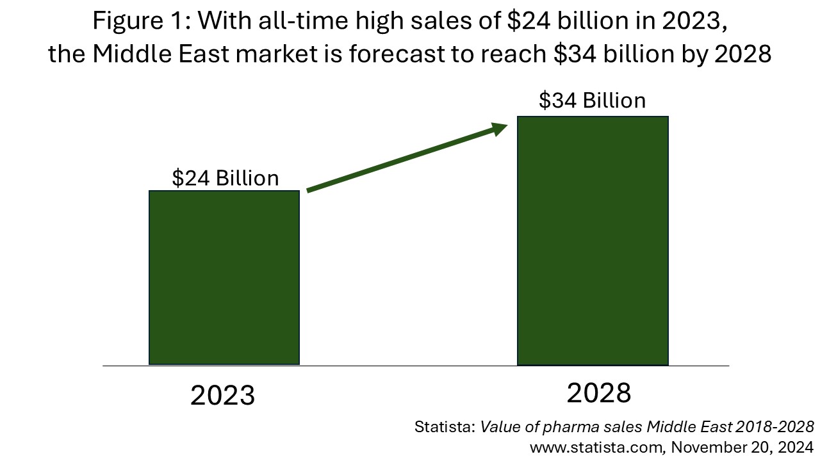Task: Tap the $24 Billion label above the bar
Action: coord(225,177)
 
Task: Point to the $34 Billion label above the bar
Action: coord(592,101)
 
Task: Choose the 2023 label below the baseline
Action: coord(222,396)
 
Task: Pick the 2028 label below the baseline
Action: coord(599,393)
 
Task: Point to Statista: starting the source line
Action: coord(445,427)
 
